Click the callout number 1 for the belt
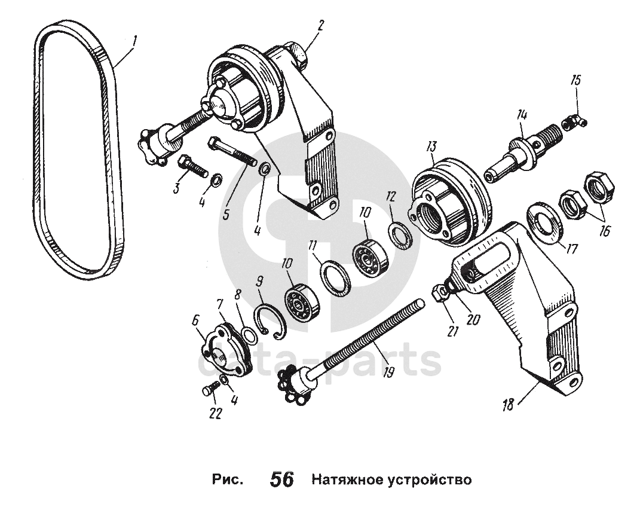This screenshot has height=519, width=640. coord(136,41)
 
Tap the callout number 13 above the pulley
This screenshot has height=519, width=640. coord(431,146)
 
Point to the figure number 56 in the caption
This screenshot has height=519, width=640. coord(282,480)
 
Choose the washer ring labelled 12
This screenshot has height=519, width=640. coord(399,232)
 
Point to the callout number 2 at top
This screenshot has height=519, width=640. coord(320,25)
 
